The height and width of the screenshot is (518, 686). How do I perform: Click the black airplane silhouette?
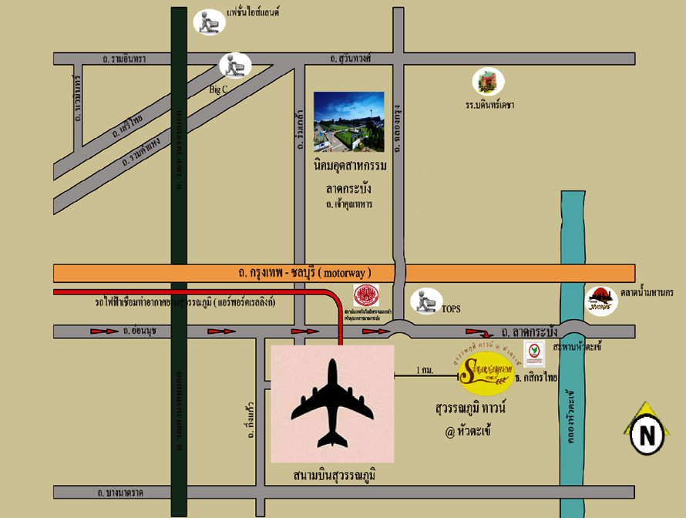point(333,403)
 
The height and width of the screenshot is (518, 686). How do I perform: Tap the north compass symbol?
point(647,434)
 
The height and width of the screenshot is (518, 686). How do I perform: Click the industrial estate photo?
point(348,122)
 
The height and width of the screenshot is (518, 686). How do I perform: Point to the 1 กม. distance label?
point(424,370)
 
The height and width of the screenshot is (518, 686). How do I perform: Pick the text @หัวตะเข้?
point(462,431)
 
